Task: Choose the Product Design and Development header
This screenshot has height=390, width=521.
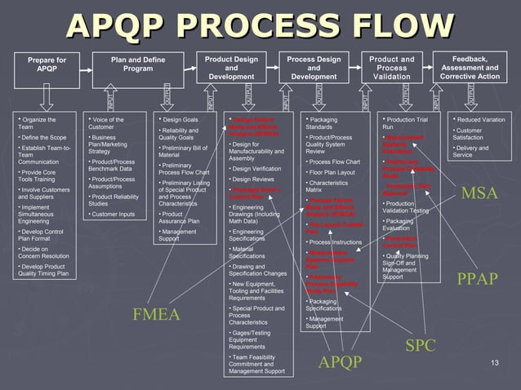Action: [231, 68]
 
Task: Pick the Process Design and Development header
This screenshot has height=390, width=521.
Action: [314, 68]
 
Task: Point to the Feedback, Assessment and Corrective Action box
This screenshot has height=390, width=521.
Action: [470, 68]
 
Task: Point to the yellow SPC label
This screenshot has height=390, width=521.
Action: [421, 345]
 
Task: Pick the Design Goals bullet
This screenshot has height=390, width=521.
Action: [181, 120]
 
